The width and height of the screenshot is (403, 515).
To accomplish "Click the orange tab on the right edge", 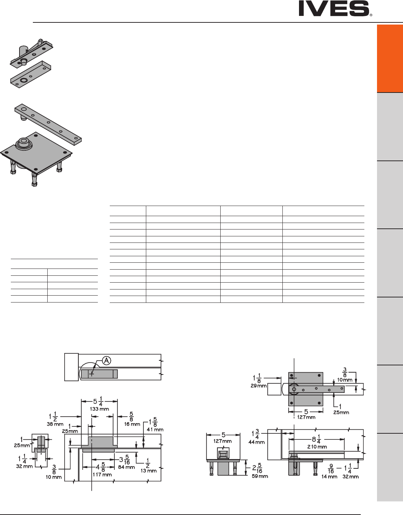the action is click(390, 59).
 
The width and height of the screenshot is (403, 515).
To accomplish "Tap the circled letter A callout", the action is click(106, 360).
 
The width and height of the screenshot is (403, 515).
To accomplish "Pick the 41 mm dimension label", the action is click(156, 430).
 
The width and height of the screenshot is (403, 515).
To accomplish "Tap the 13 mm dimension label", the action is click(149, 471).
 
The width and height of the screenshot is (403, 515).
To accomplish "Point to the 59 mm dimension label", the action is click(260, 476).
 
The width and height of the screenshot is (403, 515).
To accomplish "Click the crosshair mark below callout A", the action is click(92, 374).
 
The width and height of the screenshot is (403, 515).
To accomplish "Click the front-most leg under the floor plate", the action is click(34, 179).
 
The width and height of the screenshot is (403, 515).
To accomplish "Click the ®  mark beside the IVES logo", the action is click(371, 16).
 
